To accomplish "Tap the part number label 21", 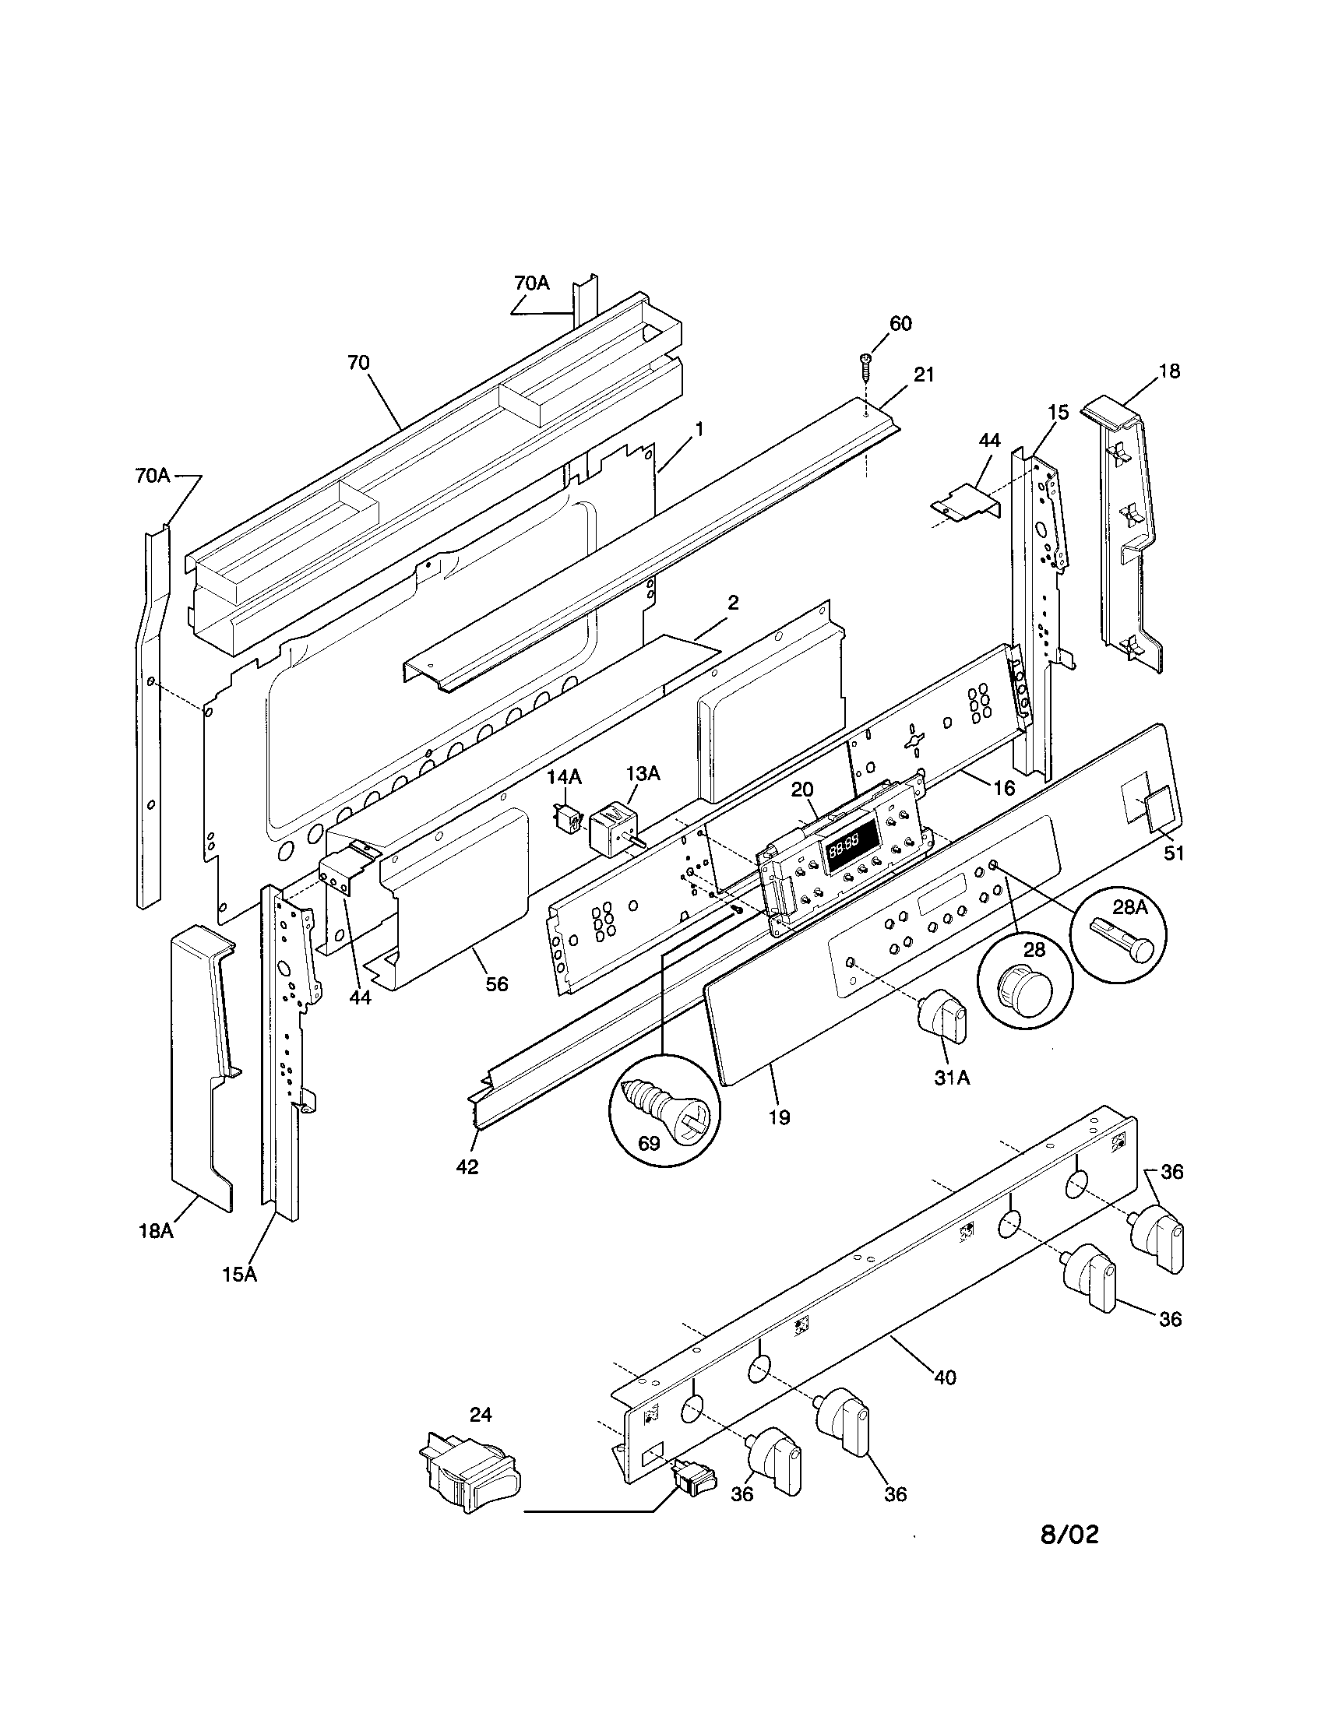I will [924, 375].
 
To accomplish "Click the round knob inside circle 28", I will [1023, 990].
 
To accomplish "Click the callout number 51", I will [1173, 853].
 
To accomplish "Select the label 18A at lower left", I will [155, 1229].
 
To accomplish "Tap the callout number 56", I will [497, 983].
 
